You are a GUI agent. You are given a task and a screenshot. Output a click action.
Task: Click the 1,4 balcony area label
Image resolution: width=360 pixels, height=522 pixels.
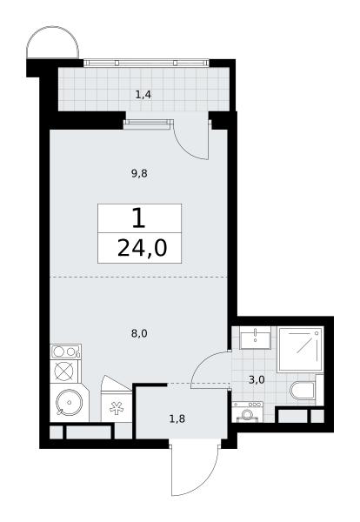(x=143, y=95)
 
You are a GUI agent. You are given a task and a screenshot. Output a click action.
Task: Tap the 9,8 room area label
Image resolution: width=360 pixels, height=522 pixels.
(x=139, y=173)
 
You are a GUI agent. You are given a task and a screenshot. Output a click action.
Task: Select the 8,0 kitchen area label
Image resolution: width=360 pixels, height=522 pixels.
(x=139, y=333)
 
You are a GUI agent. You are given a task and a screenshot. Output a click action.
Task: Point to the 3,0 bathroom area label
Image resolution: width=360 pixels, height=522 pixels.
(x=257, y=379)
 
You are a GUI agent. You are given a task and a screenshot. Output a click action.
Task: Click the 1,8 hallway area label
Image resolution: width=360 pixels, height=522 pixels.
(x=177, y=418)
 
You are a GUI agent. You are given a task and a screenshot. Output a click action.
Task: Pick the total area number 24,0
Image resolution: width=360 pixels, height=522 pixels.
(x=142, y=248)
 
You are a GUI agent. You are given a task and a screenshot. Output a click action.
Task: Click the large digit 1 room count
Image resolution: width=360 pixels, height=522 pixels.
(x=139, y=218)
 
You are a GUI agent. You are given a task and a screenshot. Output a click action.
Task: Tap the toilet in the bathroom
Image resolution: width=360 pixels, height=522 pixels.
(x=303, y=390)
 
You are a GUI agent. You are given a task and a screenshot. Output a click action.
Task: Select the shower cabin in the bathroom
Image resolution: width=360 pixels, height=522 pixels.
(x=300, y=349)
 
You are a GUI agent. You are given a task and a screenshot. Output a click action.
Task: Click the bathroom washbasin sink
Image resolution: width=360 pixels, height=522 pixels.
(x=255, y=338)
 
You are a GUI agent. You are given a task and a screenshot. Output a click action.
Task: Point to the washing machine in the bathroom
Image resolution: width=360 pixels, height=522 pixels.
(x=247, y=412)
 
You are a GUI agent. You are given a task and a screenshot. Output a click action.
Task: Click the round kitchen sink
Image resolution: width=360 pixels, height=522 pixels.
(x=69, y=402)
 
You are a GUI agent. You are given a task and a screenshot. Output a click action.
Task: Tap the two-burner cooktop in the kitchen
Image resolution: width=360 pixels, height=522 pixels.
(x=65, y=351)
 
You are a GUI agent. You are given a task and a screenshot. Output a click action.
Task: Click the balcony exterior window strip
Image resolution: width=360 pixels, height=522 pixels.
(x=146, y=63)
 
